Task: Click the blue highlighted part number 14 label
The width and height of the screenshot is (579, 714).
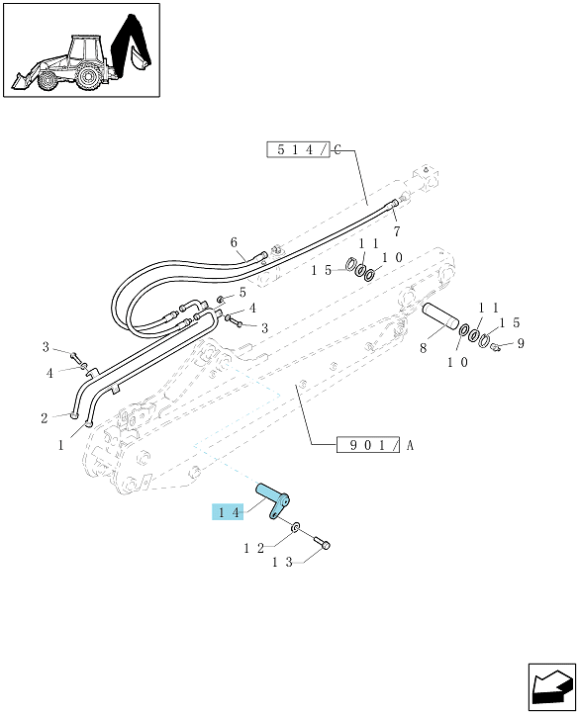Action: tap(228, 512)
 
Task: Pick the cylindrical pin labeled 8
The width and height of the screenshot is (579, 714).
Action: tap(440, 315)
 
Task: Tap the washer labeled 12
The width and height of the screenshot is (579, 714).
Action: tap(296, 527)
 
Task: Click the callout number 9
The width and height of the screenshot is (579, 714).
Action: tap(521, 343)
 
